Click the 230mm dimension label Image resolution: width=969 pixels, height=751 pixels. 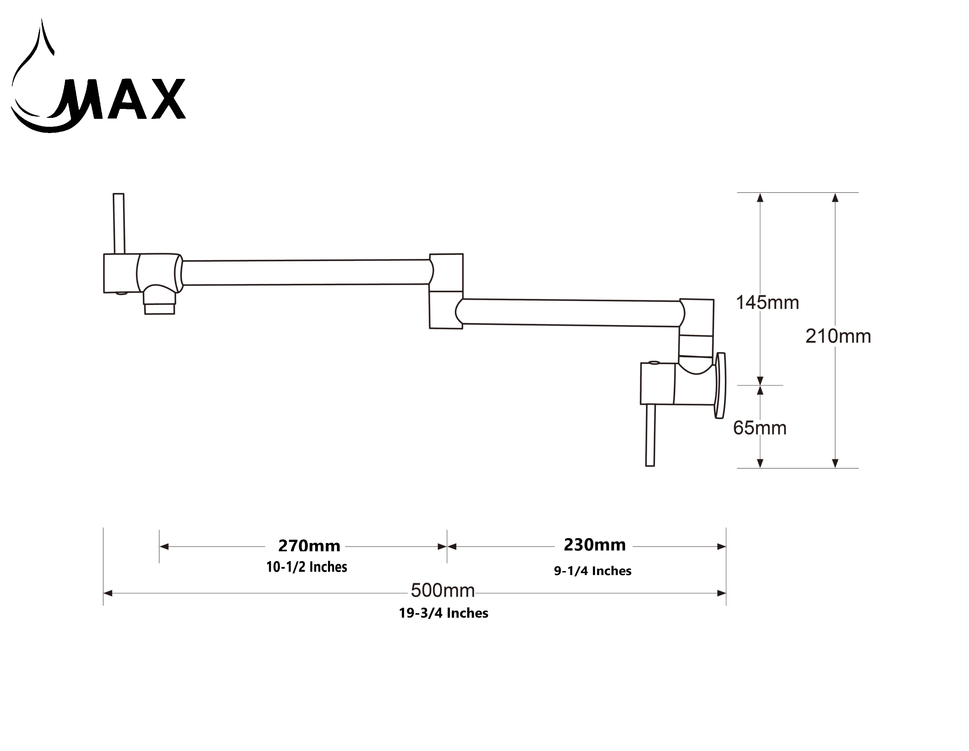pos(594,545)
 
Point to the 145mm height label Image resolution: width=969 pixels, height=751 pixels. pos(767,302)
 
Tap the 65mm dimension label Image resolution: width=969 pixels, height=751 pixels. pos(760,427)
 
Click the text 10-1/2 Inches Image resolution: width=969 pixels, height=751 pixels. pos(306,567)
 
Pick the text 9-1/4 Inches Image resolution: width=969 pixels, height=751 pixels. pos(592,571)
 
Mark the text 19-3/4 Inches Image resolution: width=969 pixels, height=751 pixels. pos(443,613)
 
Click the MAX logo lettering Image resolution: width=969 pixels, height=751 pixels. pos(124,100)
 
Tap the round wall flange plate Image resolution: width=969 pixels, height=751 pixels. pos(720,385)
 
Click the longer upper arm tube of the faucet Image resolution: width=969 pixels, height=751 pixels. pos(306,272)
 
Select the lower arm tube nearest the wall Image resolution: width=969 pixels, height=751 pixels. pos(570,313)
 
